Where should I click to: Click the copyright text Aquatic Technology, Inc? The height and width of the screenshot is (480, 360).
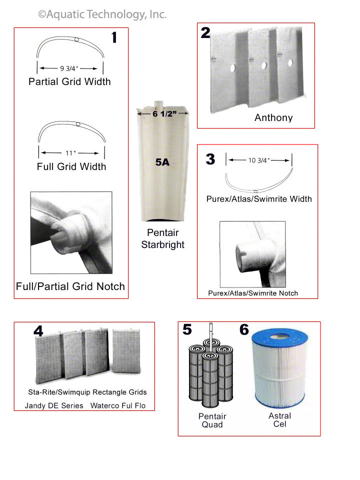(102, 14)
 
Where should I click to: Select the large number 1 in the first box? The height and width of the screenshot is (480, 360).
(114, 38)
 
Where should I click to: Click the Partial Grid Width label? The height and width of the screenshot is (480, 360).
(69, 81)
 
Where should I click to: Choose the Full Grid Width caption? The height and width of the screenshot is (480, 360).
(71, 166)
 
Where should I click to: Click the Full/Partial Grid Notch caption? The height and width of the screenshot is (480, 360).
(70, 286)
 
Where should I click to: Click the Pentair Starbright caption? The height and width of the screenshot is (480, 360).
(162, 238)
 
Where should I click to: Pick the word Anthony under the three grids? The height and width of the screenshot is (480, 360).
(273, 118)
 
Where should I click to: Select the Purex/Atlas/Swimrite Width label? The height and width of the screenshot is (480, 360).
(259, 199)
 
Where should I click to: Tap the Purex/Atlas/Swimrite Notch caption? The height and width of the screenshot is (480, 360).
(253, 292)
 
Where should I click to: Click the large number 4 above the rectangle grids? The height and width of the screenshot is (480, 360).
(38, 330)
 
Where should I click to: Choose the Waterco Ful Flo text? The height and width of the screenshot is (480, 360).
(118, 405)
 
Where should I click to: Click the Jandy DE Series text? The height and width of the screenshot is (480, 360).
(54, 405)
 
